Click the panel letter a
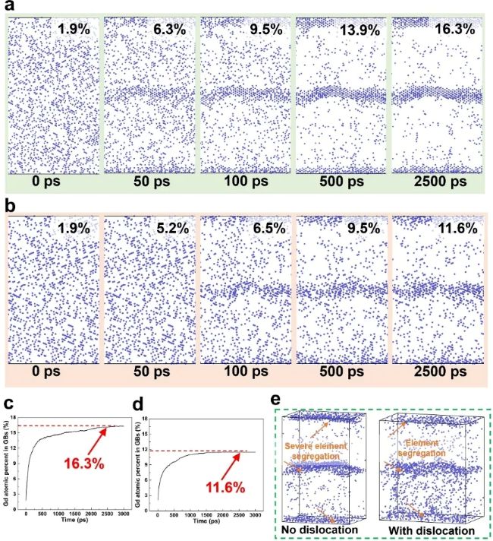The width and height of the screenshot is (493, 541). (8, 8)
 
